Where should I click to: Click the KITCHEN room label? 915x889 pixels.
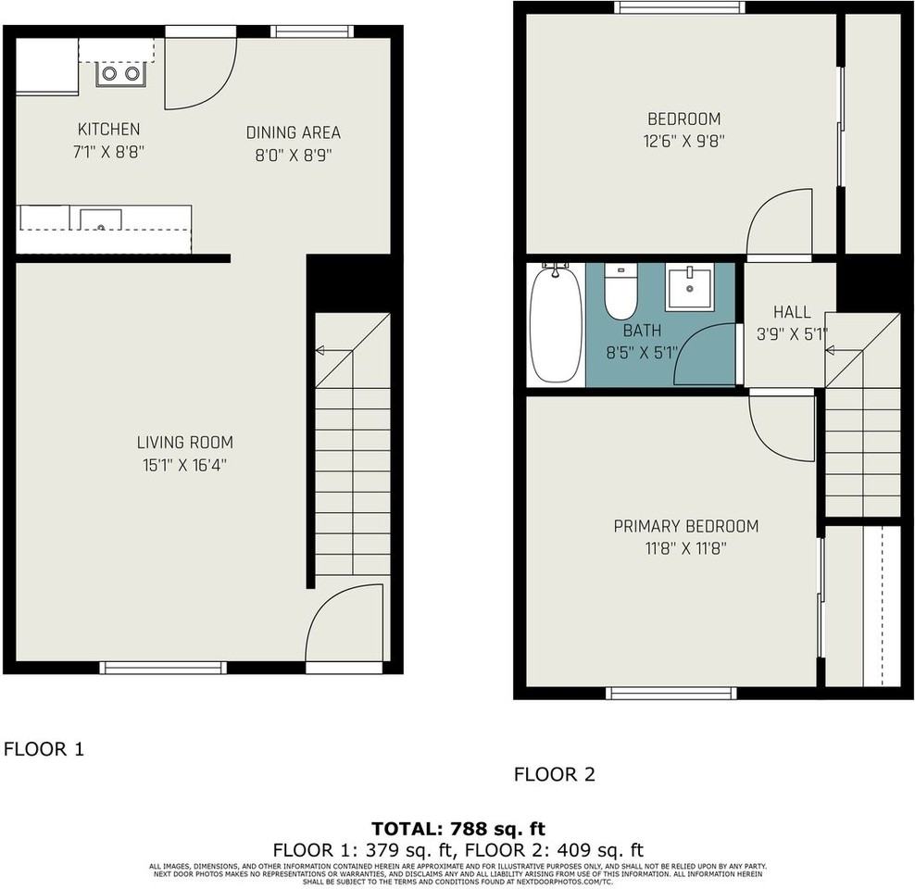[x=108, y=130]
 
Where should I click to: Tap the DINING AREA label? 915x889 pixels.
[x=293, y=132]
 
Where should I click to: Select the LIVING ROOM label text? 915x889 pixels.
[x=185, y=443]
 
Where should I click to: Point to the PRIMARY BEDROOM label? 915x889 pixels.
[x=685, y=526]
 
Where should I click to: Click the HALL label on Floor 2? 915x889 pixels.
[x=792, y=313]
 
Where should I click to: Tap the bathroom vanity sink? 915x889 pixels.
[x=689, y=287]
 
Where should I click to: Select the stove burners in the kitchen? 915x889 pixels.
[x=120, y=72]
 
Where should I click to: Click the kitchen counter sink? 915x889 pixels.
[x=100, y=220]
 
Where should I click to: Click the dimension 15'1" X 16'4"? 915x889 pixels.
[x=185, y=465]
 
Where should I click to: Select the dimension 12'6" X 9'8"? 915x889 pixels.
[x=684, y=142]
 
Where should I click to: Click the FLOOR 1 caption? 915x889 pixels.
[x=44, y=749]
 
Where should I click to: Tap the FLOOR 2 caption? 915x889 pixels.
[x=555, y=774]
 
